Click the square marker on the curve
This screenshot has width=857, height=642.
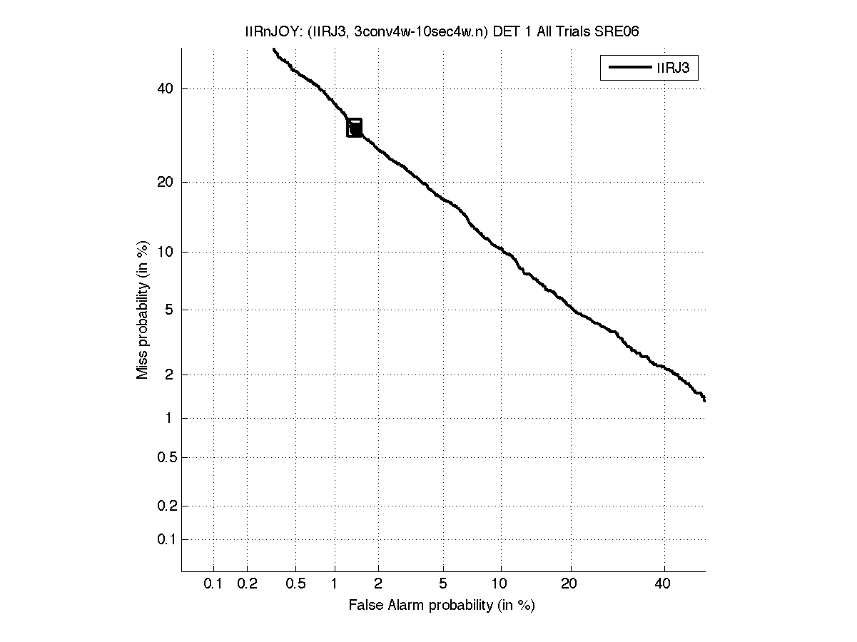[x=354, y=128]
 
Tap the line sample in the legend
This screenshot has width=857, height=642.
[x=627, y=68]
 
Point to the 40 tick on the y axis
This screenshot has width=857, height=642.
[x=166, y=88]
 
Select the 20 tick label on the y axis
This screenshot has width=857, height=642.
[x=166, y=182]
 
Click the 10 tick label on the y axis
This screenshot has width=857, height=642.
[x=166, y=251]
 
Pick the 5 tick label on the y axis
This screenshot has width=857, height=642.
[x=169, y=310]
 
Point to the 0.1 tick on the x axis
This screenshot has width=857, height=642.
[x=213, y=584]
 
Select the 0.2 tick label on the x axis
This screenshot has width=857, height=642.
[x=247, y=584]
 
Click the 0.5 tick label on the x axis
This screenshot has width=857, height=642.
[x=295, y=584]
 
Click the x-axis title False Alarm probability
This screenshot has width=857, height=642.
[x=442, y=606]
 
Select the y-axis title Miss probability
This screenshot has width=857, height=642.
[x=143, y=312]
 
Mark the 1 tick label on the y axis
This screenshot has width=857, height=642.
[x=169, y=418]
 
